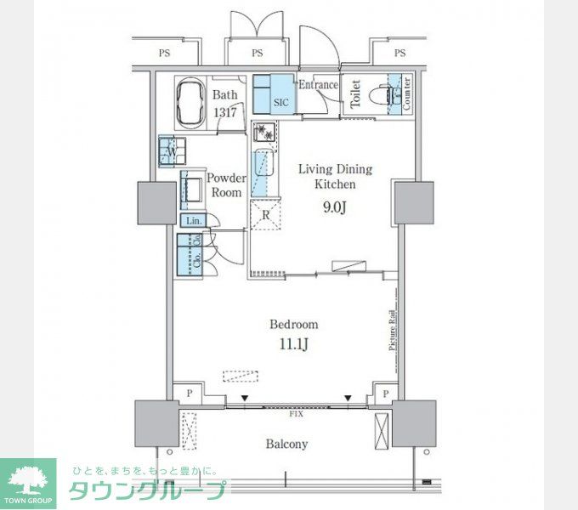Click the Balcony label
pyautogui.click(x=286, y=444)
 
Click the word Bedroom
pyautogui.click(x=293, y=324)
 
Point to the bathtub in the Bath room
pyautogui.click(x=192, y=100)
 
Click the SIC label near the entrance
pyautogui.click(x=280, y=102)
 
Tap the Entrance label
pyautogui.click(x=317, y=85)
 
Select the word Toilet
pyautogui.click(x=354, y=93)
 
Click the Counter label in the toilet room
pyautogui.click(x=407, y=93)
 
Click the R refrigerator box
pyautogui.click(x=266, y=214)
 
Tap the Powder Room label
pyautogui.click(x=226, y=185)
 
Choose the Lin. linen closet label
pyautogui.click(x=192, y=220)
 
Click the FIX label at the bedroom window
pyautogui.click(x=296, y=414)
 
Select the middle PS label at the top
pyautogui.click(x=258, y=54)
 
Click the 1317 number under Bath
pyautogui.click(x=224, y=111)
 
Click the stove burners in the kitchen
pyautogui.click(x=265, y=133)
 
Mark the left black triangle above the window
pyautogui.click(x=245, y=397)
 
